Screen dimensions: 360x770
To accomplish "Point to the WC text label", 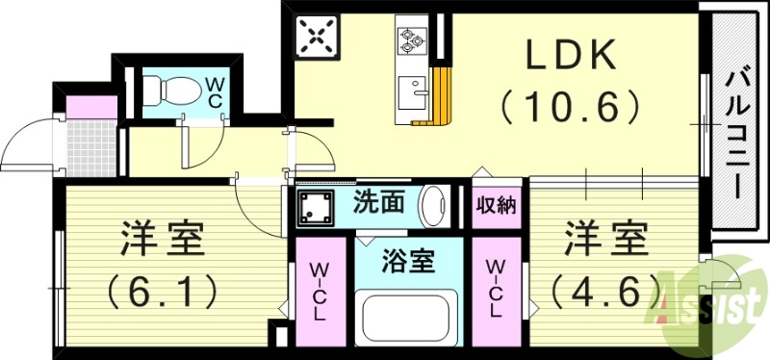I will pyautogui.click(x=214, y=90).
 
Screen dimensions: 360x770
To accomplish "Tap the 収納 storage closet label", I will pyautogui.click(x=497, y=204).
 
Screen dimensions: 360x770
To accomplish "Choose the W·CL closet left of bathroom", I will pyautogui.click(x=320, y=289).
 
